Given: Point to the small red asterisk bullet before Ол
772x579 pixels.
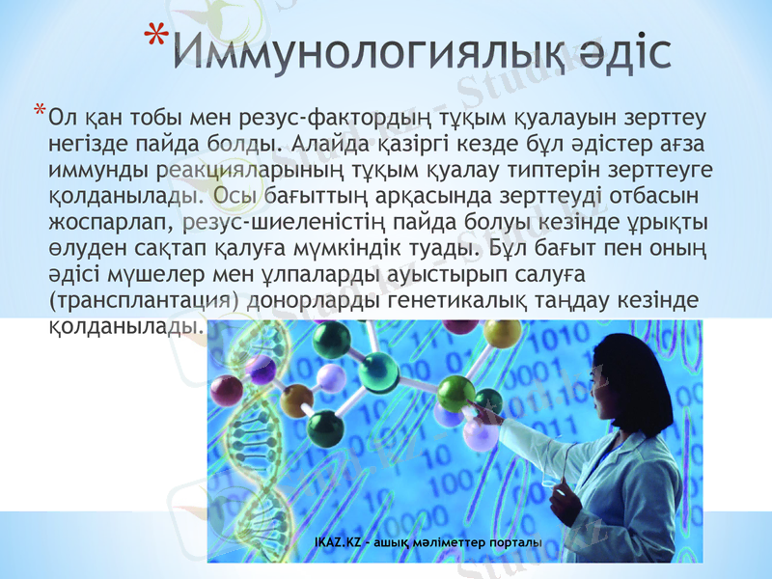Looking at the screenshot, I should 39,109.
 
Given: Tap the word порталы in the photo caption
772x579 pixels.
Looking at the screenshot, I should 514,544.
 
